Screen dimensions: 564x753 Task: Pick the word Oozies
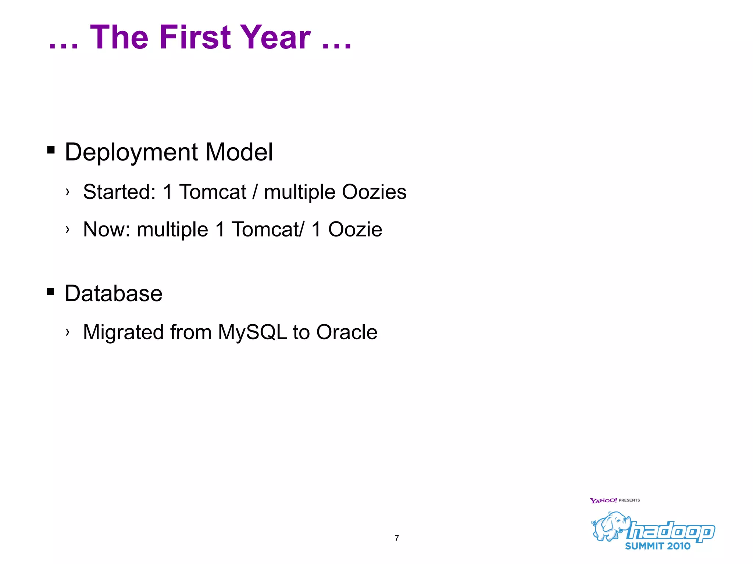coord(374,192)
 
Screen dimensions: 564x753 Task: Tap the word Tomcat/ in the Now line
coord(268,229)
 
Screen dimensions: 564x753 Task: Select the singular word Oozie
coord(355,229)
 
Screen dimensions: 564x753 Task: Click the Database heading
coord(114,293)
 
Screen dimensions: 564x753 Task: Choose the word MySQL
coord(252,332)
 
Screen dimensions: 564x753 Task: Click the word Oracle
coord(347,332)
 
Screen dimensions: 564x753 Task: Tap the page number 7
coord(397,538)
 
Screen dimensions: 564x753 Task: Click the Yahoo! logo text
coord(603,500)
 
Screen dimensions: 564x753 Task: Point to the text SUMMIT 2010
coord(657,546)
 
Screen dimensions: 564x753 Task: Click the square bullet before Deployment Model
coord(51,150)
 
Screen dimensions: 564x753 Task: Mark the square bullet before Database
coord(51,292)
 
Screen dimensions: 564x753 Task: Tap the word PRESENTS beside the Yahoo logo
coord(629,500)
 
